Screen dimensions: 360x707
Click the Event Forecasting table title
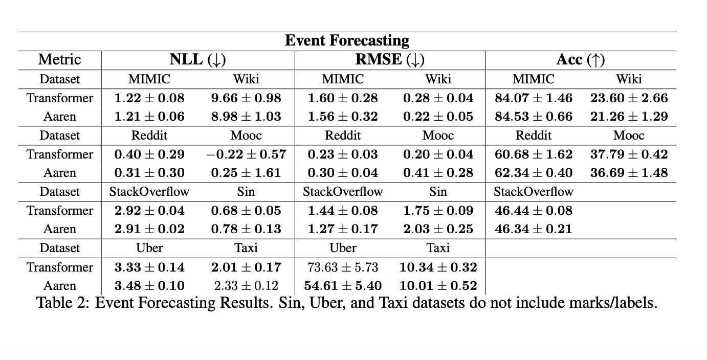(347, 40)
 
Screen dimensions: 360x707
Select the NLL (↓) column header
(197, 60)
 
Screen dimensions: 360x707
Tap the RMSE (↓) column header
(390, 60)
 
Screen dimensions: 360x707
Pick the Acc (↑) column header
(581, 60)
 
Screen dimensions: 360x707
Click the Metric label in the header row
(59, 60)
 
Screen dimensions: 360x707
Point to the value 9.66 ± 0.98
(246, 98)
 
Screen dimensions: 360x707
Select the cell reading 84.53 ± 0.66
(534, 117)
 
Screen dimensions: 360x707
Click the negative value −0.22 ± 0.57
(246, 154)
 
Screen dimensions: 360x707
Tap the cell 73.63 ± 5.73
(343, 267)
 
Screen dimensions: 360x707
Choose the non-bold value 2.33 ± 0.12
(246, 286)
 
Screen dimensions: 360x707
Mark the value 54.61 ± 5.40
(343, 286)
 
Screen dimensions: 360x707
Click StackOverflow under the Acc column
(534, 192)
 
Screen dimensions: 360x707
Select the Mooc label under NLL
(246, 136)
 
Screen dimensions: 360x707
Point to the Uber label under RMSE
(343, 248)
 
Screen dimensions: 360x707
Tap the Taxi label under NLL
(246, 248)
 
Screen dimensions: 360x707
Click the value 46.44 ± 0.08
(534, 211)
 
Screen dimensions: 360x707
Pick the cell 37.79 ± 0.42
(629, 154)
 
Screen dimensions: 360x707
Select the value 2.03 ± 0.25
(438, 229)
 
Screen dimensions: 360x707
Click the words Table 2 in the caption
(63, 303)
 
